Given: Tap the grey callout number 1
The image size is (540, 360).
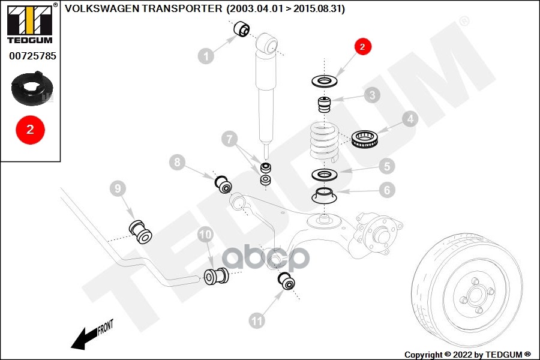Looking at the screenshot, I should point(206,57).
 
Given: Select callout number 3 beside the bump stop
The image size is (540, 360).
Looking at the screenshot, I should point(371,95).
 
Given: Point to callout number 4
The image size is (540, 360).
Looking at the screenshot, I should point(410,119).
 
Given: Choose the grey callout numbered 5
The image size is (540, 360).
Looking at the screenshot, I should point(386,166).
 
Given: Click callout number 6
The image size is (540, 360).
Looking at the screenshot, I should point(386,190).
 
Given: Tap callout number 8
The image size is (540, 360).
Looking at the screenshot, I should point(177,161).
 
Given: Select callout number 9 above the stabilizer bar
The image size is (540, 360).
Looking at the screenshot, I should point(118,189).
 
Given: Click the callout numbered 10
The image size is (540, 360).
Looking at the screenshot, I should point(206,234).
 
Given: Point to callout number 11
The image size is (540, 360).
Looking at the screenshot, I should point(257,321).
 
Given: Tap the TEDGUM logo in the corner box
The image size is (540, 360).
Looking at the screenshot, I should point(30,23).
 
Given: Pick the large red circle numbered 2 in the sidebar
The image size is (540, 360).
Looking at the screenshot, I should point(30,128).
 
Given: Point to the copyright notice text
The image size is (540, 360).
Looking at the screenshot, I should point(468,354).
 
